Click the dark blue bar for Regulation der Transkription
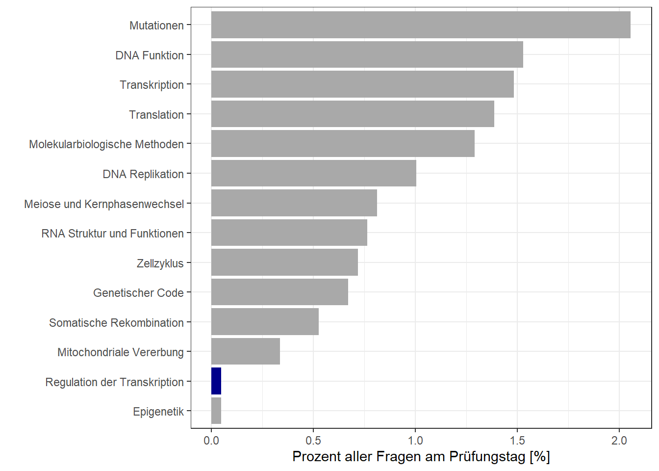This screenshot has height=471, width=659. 216,381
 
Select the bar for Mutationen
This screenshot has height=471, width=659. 421,25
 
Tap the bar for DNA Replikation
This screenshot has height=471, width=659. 314,174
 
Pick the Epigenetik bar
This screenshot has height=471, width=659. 216,411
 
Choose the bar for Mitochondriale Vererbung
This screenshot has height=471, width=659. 246,352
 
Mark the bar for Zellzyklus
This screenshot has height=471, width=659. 284,262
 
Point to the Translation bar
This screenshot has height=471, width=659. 353,114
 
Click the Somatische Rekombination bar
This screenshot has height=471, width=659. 265,322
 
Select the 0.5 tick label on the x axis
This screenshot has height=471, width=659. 313,441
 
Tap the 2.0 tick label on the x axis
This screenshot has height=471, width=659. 619,441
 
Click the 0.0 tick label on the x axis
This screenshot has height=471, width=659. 211,441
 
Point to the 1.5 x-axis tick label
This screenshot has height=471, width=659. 517,441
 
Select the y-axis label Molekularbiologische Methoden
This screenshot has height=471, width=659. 106,144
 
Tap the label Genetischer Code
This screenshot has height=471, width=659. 138,293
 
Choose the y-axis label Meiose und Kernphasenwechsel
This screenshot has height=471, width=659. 104,204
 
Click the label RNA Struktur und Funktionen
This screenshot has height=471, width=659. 112,234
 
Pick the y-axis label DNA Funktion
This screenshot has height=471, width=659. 150,55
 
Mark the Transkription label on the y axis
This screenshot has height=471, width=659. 152,85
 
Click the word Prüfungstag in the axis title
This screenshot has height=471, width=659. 487,457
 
